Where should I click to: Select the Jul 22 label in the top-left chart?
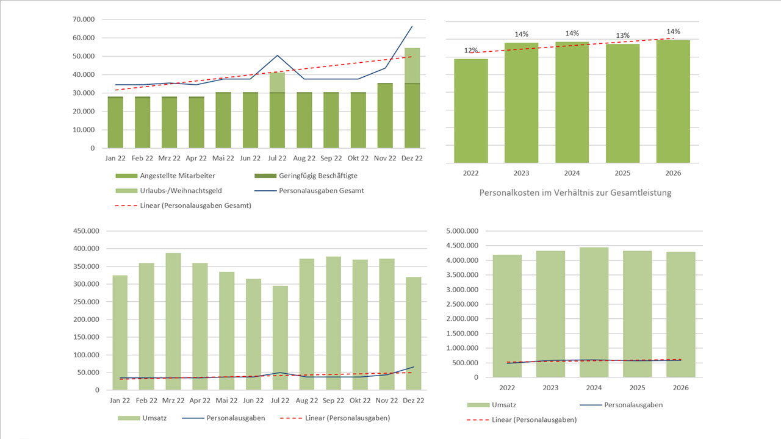[x=277, y=158]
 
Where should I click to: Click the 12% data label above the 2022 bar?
[x=471, y=51]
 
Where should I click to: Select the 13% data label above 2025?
[x=622, y=36]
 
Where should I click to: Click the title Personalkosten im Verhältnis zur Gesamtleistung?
[x=575, y=193]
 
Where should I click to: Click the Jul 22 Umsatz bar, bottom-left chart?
[x=280, y=338]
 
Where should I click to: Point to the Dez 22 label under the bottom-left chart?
[x=413, y=401]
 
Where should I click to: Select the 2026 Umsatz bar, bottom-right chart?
[x=680, y=315]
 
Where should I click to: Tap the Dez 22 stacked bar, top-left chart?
[x=412, y=98]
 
